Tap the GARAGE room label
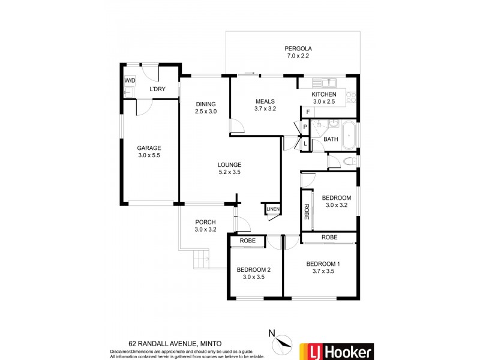(149, 148)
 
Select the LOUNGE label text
(229, 164)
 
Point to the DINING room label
(205, 103)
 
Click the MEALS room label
(265, 101)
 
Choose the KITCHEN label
(323, 94)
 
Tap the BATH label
(331, 139)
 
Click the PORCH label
(205, 222)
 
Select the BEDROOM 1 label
(323, 264)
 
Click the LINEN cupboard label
(272, 209)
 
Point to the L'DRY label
(157, 89)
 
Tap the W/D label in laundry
(130, 80)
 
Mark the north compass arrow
(281, 344)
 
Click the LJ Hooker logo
(337, 351)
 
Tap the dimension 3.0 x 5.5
(149, 155)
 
